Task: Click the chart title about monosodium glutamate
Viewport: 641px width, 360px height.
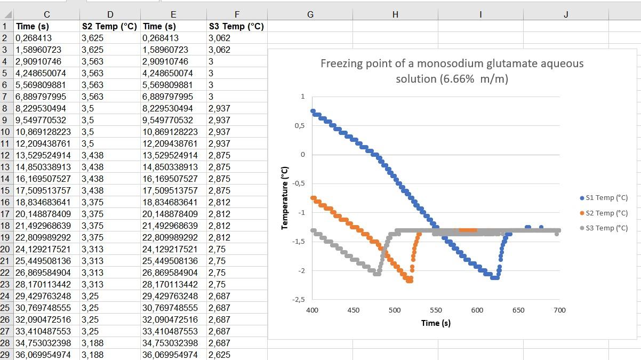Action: [x=452, y=71]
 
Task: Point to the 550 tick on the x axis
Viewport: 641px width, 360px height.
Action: [x=436, y=310]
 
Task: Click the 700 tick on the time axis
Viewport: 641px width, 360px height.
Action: [x=559, y=310]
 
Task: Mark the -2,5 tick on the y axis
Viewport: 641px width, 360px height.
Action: [x=299, y=300]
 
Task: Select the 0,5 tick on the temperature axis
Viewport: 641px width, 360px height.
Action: [x=300, y=126]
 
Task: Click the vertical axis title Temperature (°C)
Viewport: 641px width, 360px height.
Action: [x=285, y=198]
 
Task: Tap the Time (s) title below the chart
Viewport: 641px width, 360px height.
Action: [x=436, y=323]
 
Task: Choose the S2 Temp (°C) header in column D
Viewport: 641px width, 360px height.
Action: [x=109, y=26]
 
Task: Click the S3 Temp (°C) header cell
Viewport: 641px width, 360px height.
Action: [x=236, y=26]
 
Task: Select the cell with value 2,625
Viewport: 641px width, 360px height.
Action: [x=219, y=355]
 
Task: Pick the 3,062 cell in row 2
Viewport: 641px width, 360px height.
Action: [x=219, y=38]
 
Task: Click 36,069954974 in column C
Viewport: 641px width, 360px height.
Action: [x=43, y=355]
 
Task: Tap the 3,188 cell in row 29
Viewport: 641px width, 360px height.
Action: [x=92, y=355]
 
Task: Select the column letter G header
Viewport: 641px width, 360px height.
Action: [x=310, y=15]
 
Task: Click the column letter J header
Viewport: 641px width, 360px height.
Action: [x=566, y=15]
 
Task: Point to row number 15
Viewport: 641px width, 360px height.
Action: [x=6, y=190]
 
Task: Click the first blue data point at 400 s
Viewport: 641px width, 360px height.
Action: [x=313, y=111]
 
